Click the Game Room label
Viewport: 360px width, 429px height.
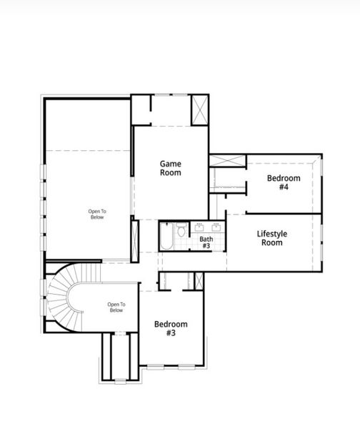(x=170, y=168)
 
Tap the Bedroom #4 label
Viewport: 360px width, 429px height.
(x=284, y=182)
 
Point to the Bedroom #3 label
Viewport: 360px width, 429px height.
(x=171, y=328)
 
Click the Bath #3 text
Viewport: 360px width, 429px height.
(x=206, y=243)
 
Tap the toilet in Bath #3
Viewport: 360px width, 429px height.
(x=182, y=231)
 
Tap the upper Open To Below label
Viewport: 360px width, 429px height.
(x=97, y=214)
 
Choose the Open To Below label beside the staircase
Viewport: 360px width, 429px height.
(x=116, y=307)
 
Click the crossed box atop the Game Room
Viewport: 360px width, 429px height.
(x=199, y=109)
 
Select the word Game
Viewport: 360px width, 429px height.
(x=170, y=164)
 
